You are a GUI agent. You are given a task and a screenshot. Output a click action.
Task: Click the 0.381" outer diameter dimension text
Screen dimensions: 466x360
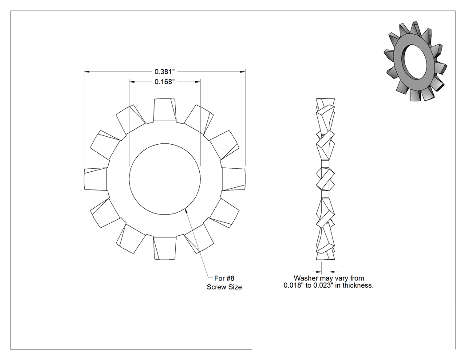164,71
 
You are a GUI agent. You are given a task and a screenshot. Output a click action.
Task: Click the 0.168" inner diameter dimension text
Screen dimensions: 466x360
164,82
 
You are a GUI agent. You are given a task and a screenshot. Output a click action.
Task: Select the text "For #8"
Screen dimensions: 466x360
225,278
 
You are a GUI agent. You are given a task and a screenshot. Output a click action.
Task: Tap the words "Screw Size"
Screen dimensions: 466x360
225,287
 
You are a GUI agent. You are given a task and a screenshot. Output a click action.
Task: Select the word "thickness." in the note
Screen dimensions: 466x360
359,285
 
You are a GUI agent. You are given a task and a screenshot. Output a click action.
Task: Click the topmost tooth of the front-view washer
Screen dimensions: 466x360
165,110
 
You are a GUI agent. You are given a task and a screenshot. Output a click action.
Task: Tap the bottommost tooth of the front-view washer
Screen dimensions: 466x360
165,248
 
